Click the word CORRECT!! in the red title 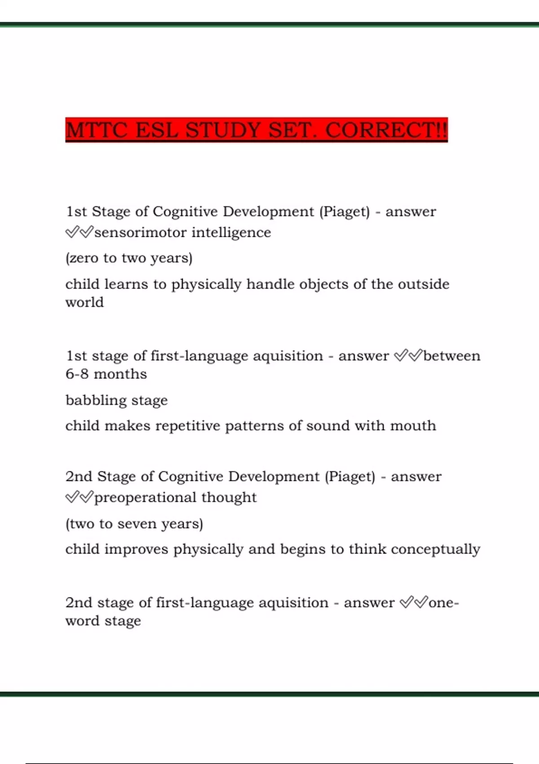386,130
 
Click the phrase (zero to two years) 129,258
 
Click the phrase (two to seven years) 134,524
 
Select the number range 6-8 77,374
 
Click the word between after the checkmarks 451,356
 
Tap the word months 120,374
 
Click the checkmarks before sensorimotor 79,232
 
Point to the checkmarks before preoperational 79,497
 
